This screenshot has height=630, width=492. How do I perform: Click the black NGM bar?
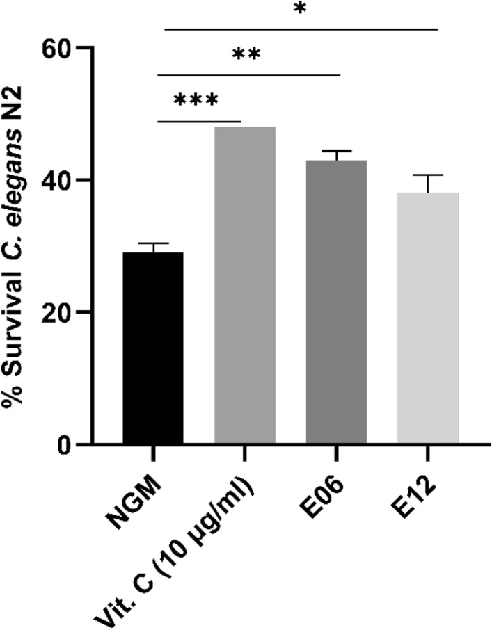[x=154, y=348]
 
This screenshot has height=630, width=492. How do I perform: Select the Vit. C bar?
[x=245, y=285]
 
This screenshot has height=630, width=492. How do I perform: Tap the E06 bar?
[x=336, y=302]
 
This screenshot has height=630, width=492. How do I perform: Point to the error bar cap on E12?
[x=427, y=175]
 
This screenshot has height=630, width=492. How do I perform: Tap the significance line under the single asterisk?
[x=301, y=29]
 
